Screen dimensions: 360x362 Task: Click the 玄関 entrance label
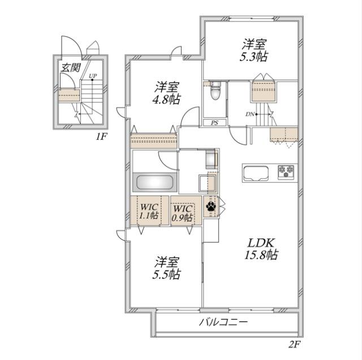click(x=71, y=67)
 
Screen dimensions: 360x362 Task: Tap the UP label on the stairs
click(x=92, y=75)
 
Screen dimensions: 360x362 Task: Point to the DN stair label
click(x=249, y=114)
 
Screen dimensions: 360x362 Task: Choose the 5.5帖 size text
click(x=168, y=275)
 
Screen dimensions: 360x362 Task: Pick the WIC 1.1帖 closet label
click(x=150, y=211)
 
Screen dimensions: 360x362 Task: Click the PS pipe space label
click(x=214, y=123)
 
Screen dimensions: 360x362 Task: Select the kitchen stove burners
click(x=285, y=171)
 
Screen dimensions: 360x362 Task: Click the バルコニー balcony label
click(x=223, y=323)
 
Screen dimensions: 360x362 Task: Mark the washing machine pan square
click(x=206, y=183)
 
